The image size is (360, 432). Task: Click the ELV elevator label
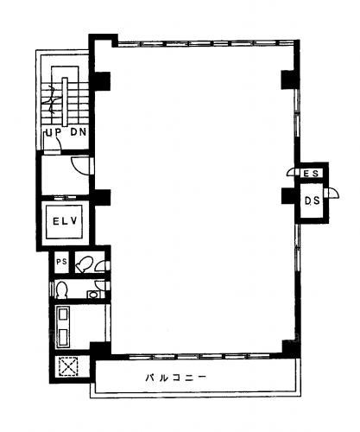click(x=65, y=221)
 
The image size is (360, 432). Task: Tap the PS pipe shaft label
click(x=61, y=262)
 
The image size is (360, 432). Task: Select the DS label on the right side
click(x=313, y=200)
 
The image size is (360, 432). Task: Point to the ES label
click(x=311, y=174)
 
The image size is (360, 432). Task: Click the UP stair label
click(x=54, y=132)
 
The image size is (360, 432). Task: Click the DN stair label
click(x=79, y=132)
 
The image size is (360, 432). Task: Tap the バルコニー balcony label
click(x=176, y=378)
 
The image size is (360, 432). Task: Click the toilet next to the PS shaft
click(x=84, y=264)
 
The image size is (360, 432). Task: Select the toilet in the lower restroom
click(x=61, y=289)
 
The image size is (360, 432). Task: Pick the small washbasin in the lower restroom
click(x=92, y=295)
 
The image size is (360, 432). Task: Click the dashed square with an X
click(x=68, y=366)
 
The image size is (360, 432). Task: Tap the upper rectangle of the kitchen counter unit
click(x=63, y=314)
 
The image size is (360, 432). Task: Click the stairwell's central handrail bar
click(x=65, y=102)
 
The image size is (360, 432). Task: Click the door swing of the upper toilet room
click(x=100, y=266)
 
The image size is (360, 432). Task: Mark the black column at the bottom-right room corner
click(x=290, y=349)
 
